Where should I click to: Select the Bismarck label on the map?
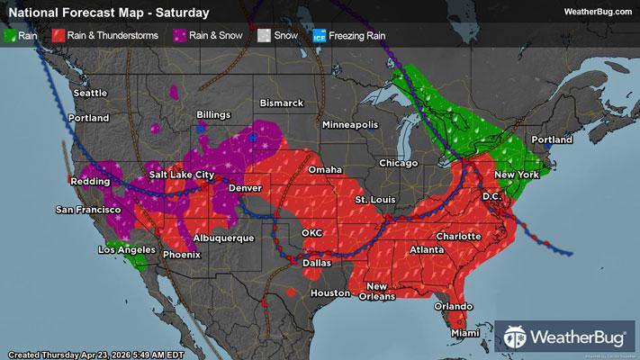(x=282, y=103)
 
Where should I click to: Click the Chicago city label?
(x=399, y=163)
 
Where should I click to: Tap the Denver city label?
(x=245, y=186)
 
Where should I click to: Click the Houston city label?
(x=329, y=293)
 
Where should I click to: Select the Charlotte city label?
(x=459, y=236)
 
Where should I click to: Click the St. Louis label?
(x=374, y=198)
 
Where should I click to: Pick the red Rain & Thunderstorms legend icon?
(x=57, y=36)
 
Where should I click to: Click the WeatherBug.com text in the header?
(x=596, y=12)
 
